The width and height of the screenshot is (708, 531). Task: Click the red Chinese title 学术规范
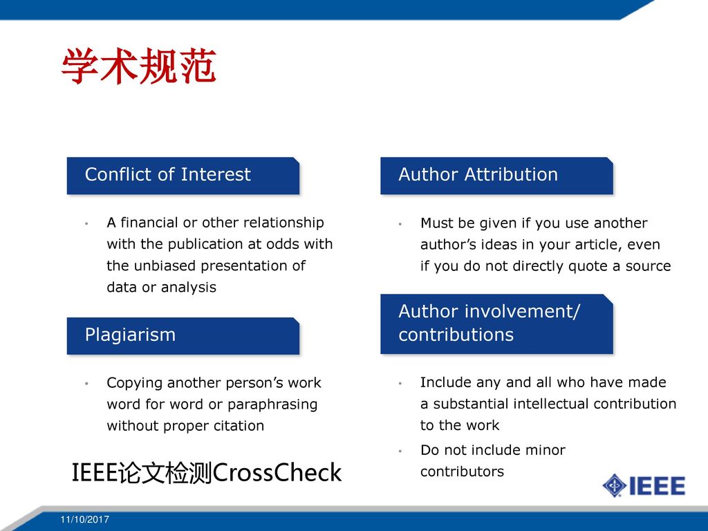(x=138, y=66)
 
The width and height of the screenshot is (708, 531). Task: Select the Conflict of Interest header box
(x=183, y=176)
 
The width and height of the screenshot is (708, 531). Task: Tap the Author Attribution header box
(x=496, y=176)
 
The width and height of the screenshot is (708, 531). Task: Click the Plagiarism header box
(x=183, y=336)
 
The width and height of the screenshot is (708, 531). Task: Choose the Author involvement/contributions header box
(x=496, y=324)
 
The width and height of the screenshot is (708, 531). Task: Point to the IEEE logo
(x=644, y=486)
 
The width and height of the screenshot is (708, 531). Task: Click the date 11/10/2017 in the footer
(x=85, y=520)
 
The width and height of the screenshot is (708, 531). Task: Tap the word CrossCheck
(x=277, y=473)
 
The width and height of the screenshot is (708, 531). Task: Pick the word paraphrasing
(x=272, y=404)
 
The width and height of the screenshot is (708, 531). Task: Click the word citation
(x=239, y=426)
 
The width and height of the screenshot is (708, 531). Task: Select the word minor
(x=546, y=450)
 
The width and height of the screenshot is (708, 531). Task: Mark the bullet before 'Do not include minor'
(x=400, y=451)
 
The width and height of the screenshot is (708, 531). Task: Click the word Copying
(x=134, y=383)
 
